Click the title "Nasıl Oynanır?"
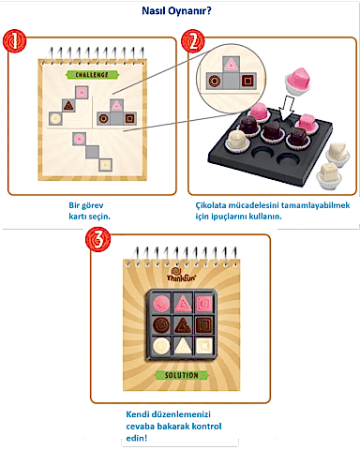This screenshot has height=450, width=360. click(176, 11)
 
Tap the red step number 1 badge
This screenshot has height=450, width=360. click(14, 41)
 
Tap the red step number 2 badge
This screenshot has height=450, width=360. click(193, 41)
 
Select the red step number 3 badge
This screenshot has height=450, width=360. click(97, 239)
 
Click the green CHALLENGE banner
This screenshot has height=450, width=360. click(92, 75)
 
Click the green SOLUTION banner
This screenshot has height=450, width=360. click(182, 375)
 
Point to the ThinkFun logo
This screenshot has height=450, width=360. click(181, 275)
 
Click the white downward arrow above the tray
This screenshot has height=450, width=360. click(288, 108)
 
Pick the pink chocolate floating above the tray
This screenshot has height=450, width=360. click(298, 81)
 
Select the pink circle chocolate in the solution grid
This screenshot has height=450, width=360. click(161, 303)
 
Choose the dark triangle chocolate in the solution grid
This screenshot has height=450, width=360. click(183, 325)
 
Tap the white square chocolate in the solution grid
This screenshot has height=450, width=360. click(204, 346)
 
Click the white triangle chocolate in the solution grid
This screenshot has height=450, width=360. click(183, 347)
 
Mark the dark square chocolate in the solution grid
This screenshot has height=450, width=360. click(204, 325)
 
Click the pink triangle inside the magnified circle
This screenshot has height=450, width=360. click(231, 65)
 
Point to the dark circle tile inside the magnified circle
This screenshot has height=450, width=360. click(215, 81)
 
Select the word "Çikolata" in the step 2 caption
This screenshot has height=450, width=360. click(211, 205)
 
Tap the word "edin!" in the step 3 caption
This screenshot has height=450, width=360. click(137, 438)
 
